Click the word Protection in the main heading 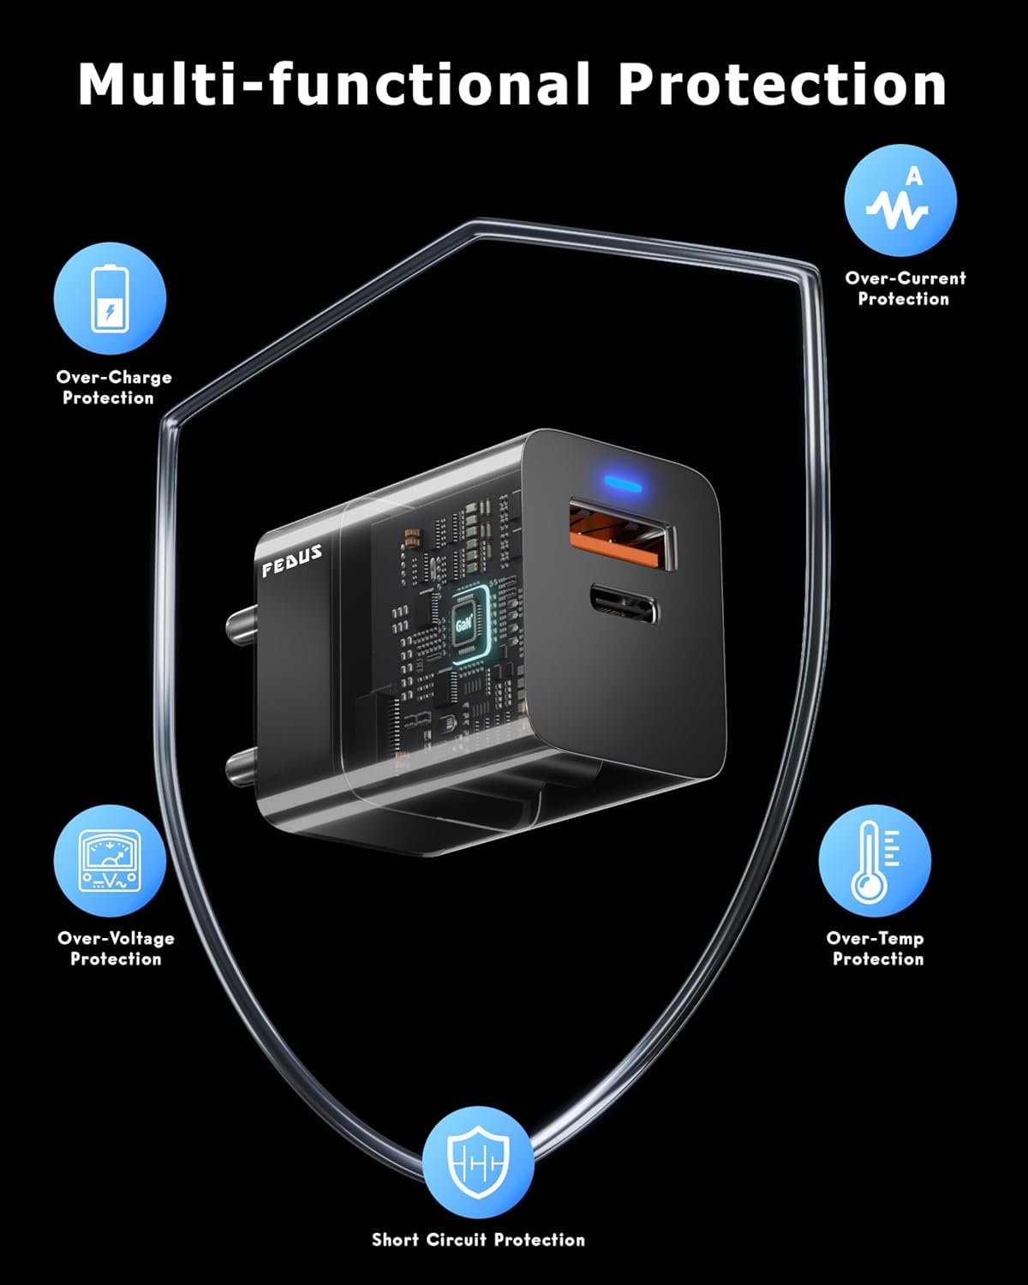tap(781, 84)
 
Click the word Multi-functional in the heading tap(334, 84)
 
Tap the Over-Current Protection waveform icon tap(899, 200)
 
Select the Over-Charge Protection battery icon tap(110, 298)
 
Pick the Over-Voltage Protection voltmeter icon tap(110, 861)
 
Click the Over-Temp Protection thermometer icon tap(874, 861)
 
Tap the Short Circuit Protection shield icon tap(478, 1162)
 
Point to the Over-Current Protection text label tap(905, 289)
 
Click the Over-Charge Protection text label tap(113, 387)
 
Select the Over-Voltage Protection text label tap(116, 948)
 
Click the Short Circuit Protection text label tap(478, 1240)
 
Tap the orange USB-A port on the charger tap(620, 539)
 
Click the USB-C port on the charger tap(622, 604)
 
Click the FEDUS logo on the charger tap(292, 560)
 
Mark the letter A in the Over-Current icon tap(915, 176)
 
